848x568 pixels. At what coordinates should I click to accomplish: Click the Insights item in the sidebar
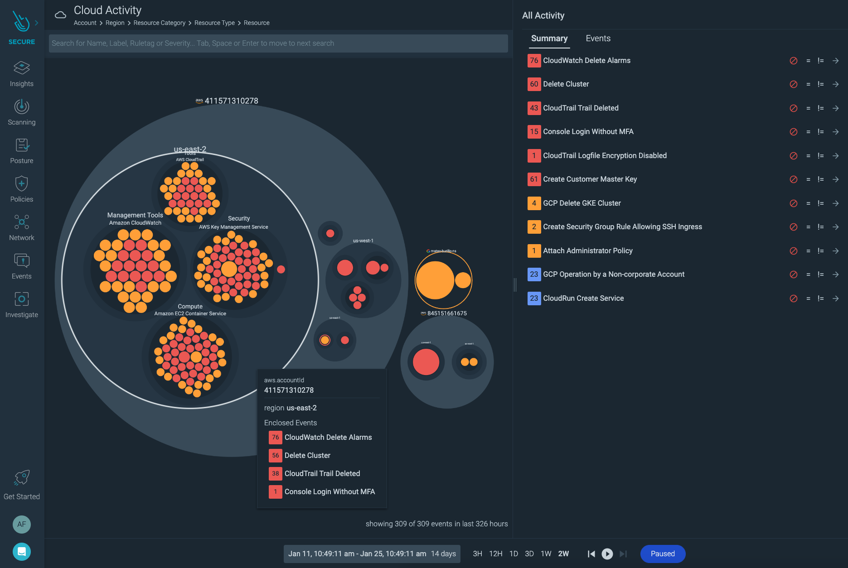(x=22, y=74)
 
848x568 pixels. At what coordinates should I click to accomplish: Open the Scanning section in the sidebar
(x=22, y=112)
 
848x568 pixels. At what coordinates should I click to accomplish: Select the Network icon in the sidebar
(x=22, y=228)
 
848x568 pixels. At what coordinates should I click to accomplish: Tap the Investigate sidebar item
(x=22, y=305)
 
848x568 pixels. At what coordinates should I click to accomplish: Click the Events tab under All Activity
(x=598, y=39)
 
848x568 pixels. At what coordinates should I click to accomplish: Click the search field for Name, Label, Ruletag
(x=278, y=43)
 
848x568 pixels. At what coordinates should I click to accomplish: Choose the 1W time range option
(x=546, y=554)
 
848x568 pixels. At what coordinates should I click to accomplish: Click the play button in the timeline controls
(x=607, y=554)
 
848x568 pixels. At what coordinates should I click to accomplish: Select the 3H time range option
(x=477, y=554)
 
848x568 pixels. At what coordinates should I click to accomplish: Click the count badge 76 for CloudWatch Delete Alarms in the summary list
(x=534, y=61)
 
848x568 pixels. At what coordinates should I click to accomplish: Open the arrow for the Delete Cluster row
(x=835, y=84)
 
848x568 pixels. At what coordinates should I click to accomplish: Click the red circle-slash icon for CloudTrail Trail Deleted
(x=793, y=108)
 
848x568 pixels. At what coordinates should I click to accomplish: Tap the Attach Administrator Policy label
(x=587, y=251)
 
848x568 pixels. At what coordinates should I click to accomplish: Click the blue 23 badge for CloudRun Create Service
(x=534, y=298)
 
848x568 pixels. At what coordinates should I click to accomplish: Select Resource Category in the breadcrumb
(x=159, y=23)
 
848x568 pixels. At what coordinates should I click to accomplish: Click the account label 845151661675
(x=446, y=313)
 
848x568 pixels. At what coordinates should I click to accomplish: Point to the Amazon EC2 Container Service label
(x=190, y=313)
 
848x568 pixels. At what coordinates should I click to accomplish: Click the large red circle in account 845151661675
(x=426, y=362)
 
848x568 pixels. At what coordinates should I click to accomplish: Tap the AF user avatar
(x=22, y=524)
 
